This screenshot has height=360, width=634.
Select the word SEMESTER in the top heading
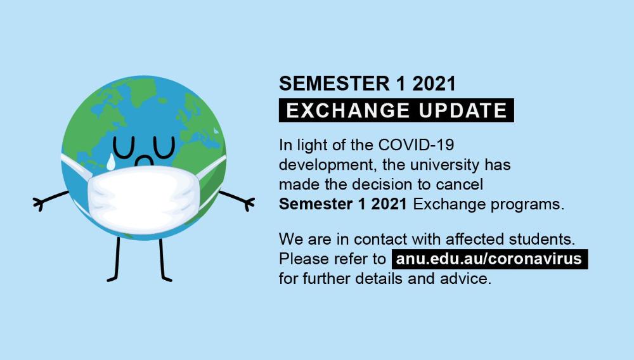coord(334,84)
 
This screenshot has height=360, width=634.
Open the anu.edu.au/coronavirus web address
coord(489,259)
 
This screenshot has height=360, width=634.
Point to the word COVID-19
coord(416,145)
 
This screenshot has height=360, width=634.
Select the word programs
coord(527,205)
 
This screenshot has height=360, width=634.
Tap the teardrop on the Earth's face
coord(110,162)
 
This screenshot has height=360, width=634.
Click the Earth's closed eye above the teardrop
coord(124,148)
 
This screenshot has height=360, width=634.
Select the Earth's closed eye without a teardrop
coord(164,148)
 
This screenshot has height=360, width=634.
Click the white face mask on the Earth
coord(142,200)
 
